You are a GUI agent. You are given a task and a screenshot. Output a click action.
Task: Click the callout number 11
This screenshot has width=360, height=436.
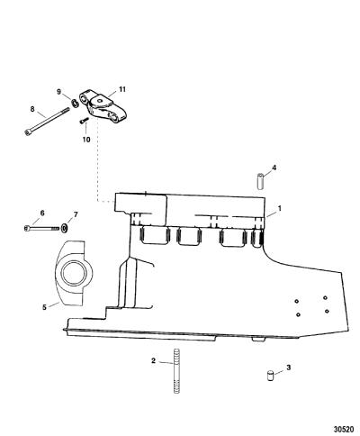pyautogui.click(x=121, y=89)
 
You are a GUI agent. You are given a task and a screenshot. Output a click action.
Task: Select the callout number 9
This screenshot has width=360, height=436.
pyautogui.click(x=59, y=91)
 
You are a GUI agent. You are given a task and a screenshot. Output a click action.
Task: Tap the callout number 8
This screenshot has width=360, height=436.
pyautogui.click(x=32, y=109)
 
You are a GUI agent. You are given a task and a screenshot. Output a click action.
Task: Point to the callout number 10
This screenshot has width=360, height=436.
pyautogui.click(x=86, y=140)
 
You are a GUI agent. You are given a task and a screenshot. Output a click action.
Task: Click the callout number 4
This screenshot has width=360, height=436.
pyautogui.click(x=274, y=168)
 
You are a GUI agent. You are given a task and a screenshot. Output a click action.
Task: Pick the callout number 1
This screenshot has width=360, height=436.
pyautogui.click(x=280, y=208)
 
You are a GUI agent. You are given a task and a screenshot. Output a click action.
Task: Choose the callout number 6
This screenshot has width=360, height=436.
pyautogui.click(x=42, y=213)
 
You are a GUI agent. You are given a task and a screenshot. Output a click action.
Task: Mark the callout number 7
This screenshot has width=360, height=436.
pyautogui.click(x=76, y=214)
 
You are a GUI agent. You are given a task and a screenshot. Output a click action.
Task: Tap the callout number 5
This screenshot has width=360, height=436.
pyautogui.click(x=44, y=307)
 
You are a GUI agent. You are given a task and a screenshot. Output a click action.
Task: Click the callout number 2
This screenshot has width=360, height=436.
pyautogui.click(x=153, y=360)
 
